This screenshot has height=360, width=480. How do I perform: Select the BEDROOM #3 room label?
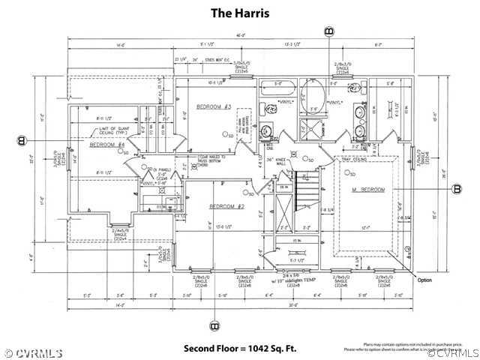point(212,107)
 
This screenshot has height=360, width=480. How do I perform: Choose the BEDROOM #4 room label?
point(106,145)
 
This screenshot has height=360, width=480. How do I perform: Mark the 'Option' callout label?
point(425,280)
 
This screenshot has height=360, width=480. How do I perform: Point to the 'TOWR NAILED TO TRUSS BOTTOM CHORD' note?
point(211,159)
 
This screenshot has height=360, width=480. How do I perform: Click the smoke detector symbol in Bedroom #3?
point(224,133)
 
